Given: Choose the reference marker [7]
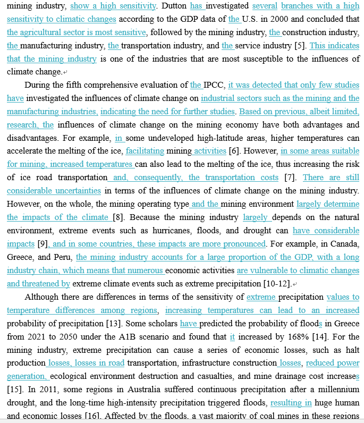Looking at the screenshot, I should pyautogui.click(x=290, y=177).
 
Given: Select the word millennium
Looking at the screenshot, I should pyautogui.click(x=335, y=390).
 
